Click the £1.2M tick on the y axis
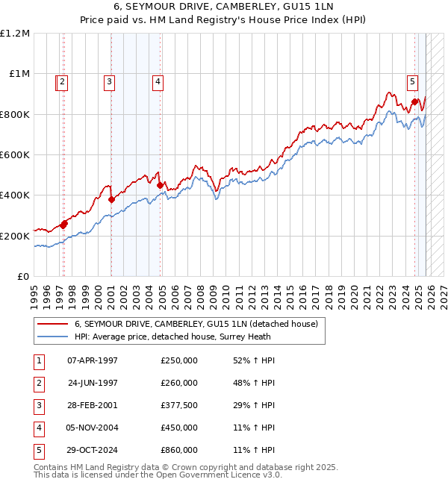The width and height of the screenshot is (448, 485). (x=15, y=34)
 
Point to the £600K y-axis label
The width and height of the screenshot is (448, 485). (x=15, y=155)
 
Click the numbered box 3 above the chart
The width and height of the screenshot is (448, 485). (x=109, y=83)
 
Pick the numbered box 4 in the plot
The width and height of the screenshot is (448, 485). (x=158, y=83)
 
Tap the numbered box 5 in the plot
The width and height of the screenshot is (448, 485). (x=413, y=83)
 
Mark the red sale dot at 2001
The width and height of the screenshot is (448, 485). (x=111, y=199)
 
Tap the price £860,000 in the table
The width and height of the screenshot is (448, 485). (x=179, y=450)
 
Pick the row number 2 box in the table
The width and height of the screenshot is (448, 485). (x=39, y=383)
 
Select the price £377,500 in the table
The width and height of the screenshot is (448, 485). (x=179, y=405)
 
